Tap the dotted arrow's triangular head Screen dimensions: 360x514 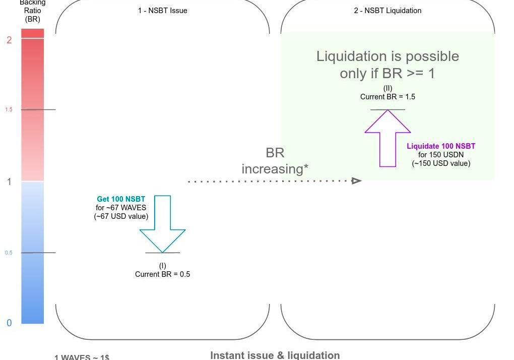click(357, 181)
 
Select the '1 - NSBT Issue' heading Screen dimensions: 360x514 click(162, 11)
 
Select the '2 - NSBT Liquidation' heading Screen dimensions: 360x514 click(388, 11)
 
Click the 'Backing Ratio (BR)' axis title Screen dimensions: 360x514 click(32, 11)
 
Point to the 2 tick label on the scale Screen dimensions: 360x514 click(9, 40)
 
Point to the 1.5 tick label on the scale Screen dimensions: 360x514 click(9, 109)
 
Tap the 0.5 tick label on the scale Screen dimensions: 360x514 click(9, 253)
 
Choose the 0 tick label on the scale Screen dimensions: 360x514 click(9, 323)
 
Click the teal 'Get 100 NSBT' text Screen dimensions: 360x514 click(121, 199)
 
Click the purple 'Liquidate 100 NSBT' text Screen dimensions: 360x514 click(441, 146)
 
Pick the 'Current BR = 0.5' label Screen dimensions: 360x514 click(162, 274)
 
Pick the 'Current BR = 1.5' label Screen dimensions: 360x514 click(388, 97)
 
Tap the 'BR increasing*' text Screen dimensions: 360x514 click(275, 161)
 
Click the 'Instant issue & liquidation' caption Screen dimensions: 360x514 click(275, 355)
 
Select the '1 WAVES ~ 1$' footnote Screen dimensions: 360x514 click(82, 357)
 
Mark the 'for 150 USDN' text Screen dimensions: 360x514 click(441, 155)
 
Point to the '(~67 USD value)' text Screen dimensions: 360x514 click(121, 216)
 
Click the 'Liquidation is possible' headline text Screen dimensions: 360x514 click(388, 56)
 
